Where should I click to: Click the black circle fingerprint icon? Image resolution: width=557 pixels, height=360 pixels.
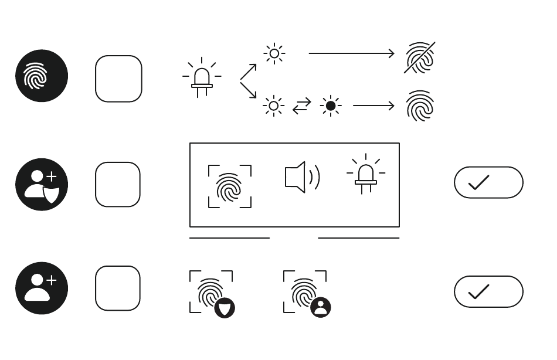pyautogui.click(x=42, y=76)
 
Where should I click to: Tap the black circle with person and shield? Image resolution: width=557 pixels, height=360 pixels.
pyautogui.click(x=42, y=184)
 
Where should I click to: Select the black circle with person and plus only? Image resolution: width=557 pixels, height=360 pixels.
pyautogui.click(x=42, y=288)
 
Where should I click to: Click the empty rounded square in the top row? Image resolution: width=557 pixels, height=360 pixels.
pyautogui.click(x=118, y=79)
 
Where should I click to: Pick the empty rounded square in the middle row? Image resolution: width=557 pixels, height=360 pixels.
pyautogui.click(x=118, y=184)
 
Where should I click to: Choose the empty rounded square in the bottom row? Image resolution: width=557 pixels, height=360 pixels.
pyautogui.click(x=118, y=288)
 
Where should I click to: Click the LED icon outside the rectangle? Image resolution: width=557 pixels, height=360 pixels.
pyautogui.click(x=202, y=78)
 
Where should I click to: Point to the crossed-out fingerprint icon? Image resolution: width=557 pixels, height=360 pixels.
pyautogui.click(x=420, y=57)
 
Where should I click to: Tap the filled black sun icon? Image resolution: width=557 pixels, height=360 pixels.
pyautogui.click(x=331, y=106)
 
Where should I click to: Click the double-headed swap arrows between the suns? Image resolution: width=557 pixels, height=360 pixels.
pyautogui.click(x=302, y=106)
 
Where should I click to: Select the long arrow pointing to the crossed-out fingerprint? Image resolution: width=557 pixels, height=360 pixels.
pyautogui.click(x=351, y=54)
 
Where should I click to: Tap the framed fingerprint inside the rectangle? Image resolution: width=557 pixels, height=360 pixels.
pyautogui.click(x=230, y=186)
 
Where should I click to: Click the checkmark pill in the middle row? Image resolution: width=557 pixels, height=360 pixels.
pyautogui.click(x=488, y=182)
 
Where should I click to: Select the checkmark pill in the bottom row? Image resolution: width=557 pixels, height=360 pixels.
pyautogui.click(x=488, y=291)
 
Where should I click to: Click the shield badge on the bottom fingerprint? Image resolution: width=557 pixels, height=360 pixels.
pyautogui.click(x=225, y=307)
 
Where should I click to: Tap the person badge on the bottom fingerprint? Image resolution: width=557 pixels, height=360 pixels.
pyautogui.click(x=320, y=307)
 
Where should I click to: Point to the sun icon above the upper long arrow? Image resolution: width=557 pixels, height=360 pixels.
pyautogui.click(x=274, y=54)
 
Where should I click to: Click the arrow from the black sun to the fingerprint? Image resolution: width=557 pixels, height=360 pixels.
pyautogui.click(x=373, y=106)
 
